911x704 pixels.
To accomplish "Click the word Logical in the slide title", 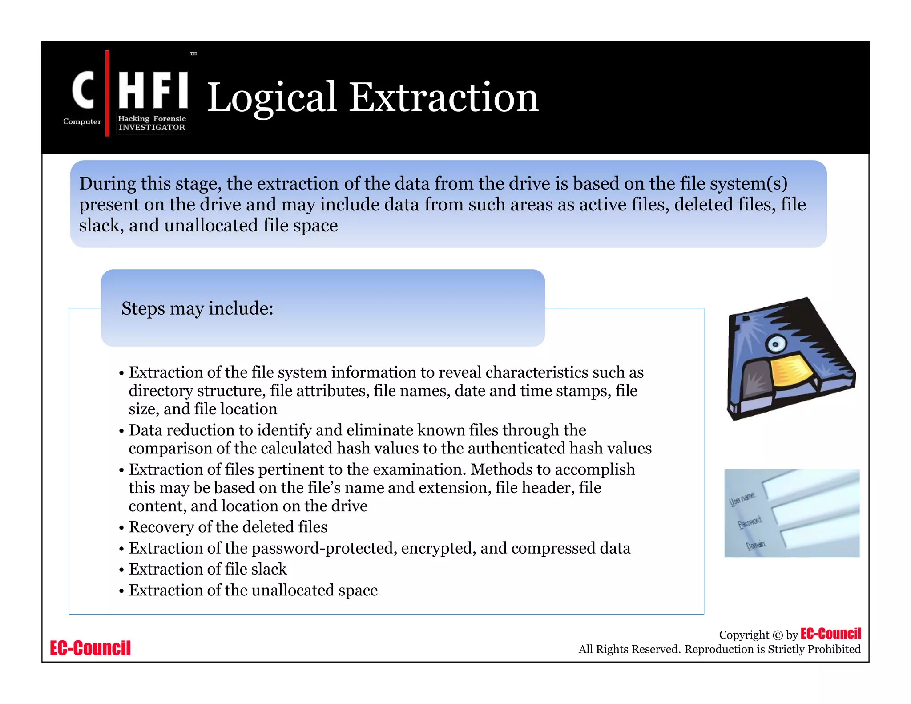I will point(271,98).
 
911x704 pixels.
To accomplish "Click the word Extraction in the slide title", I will point(443,97).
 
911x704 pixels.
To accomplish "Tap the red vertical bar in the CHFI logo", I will point(107,93).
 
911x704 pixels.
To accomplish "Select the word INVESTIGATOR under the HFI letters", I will point(152,127).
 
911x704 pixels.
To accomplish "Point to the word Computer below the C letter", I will point(82,121).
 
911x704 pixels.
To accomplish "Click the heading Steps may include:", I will point(197,308).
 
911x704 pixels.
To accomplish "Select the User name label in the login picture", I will point(742,499).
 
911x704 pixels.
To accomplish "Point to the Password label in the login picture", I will point(750,522).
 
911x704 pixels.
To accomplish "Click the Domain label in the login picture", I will point(756,545).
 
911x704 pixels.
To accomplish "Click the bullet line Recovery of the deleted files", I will point(228,527).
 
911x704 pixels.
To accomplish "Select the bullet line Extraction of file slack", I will point(208,569).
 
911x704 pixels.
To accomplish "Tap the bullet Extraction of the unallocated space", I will point(253,590).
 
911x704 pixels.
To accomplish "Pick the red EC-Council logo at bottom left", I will point(90,648).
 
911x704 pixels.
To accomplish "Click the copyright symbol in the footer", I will point(777,635).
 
